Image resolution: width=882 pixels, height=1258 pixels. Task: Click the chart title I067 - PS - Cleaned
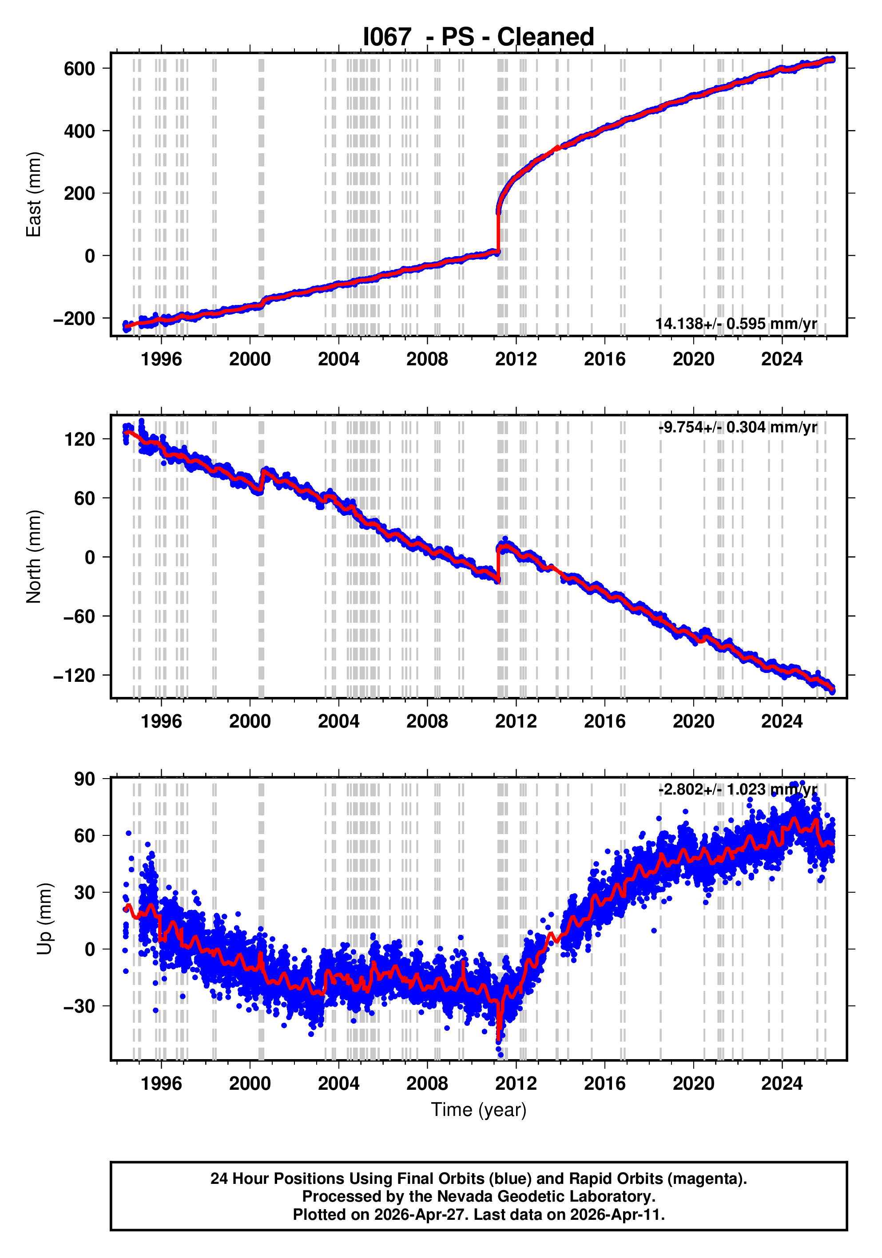click(478, 37)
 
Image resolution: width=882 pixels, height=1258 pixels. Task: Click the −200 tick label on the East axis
click(74, 318)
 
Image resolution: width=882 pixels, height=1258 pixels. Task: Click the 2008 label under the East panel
click(427, 360)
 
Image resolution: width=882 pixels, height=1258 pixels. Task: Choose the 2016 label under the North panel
click(604, 722)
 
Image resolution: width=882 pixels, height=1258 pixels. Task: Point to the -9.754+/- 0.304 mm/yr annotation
click(737, 427)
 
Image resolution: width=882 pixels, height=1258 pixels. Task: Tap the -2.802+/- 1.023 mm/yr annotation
click(737, 790)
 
